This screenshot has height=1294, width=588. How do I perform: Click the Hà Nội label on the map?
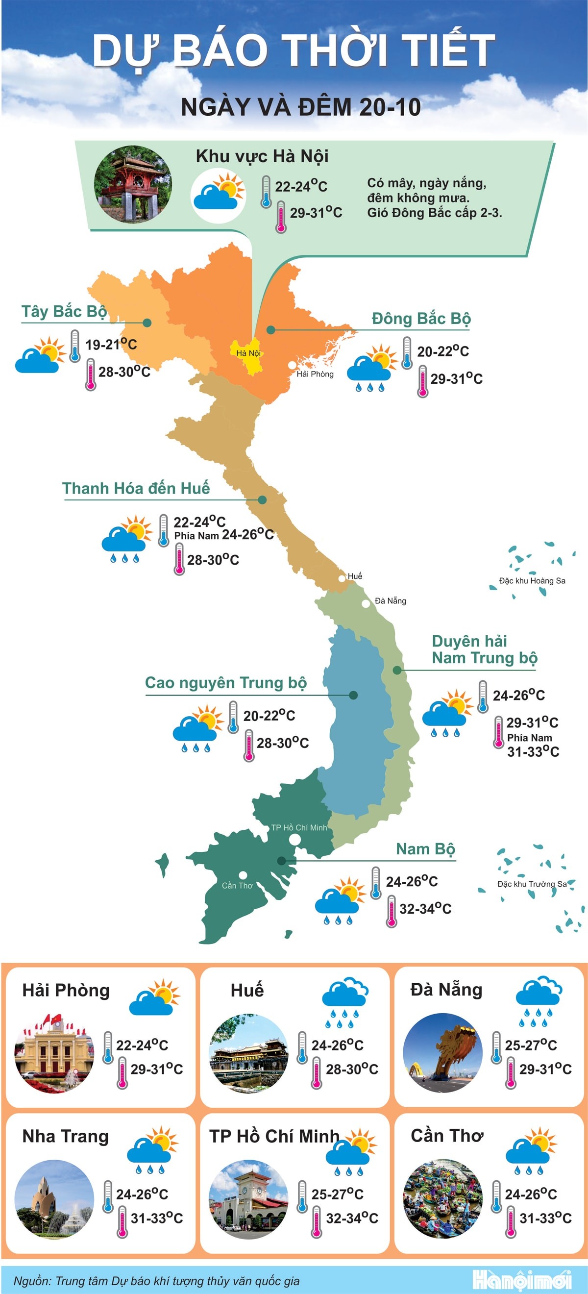point(248,353)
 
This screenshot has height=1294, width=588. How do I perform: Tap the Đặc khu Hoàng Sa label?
point(532,581)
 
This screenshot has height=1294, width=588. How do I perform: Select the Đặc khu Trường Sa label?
point(532,884)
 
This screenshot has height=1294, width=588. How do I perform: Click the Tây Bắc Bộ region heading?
point(64,311)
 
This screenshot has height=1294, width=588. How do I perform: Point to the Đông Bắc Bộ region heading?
point(421,319)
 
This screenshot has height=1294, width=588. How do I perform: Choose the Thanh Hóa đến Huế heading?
point(136,488)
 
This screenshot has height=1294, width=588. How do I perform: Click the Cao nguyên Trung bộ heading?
point(225,683)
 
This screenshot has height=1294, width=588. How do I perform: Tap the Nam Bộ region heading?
point(425,849)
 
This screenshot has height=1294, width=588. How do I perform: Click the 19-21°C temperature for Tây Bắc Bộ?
point(111,345)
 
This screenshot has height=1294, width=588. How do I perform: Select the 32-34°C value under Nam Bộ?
point(425,908)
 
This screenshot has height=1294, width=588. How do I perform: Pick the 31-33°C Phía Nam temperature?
point(533,751)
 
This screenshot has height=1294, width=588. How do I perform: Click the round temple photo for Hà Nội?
point(133,184)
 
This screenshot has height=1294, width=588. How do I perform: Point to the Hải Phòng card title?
point(66,990)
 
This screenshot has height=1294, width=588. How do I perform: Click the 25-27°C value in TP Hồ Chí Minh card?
point(337,1194)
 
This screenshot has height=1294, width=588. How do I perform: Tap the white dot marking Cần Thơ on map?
point(243,875)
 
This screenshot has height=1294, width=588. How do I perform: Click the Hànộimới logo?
point(522,1279)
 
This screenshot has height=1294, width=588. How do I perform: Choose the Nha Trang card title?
point(65,1136)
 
